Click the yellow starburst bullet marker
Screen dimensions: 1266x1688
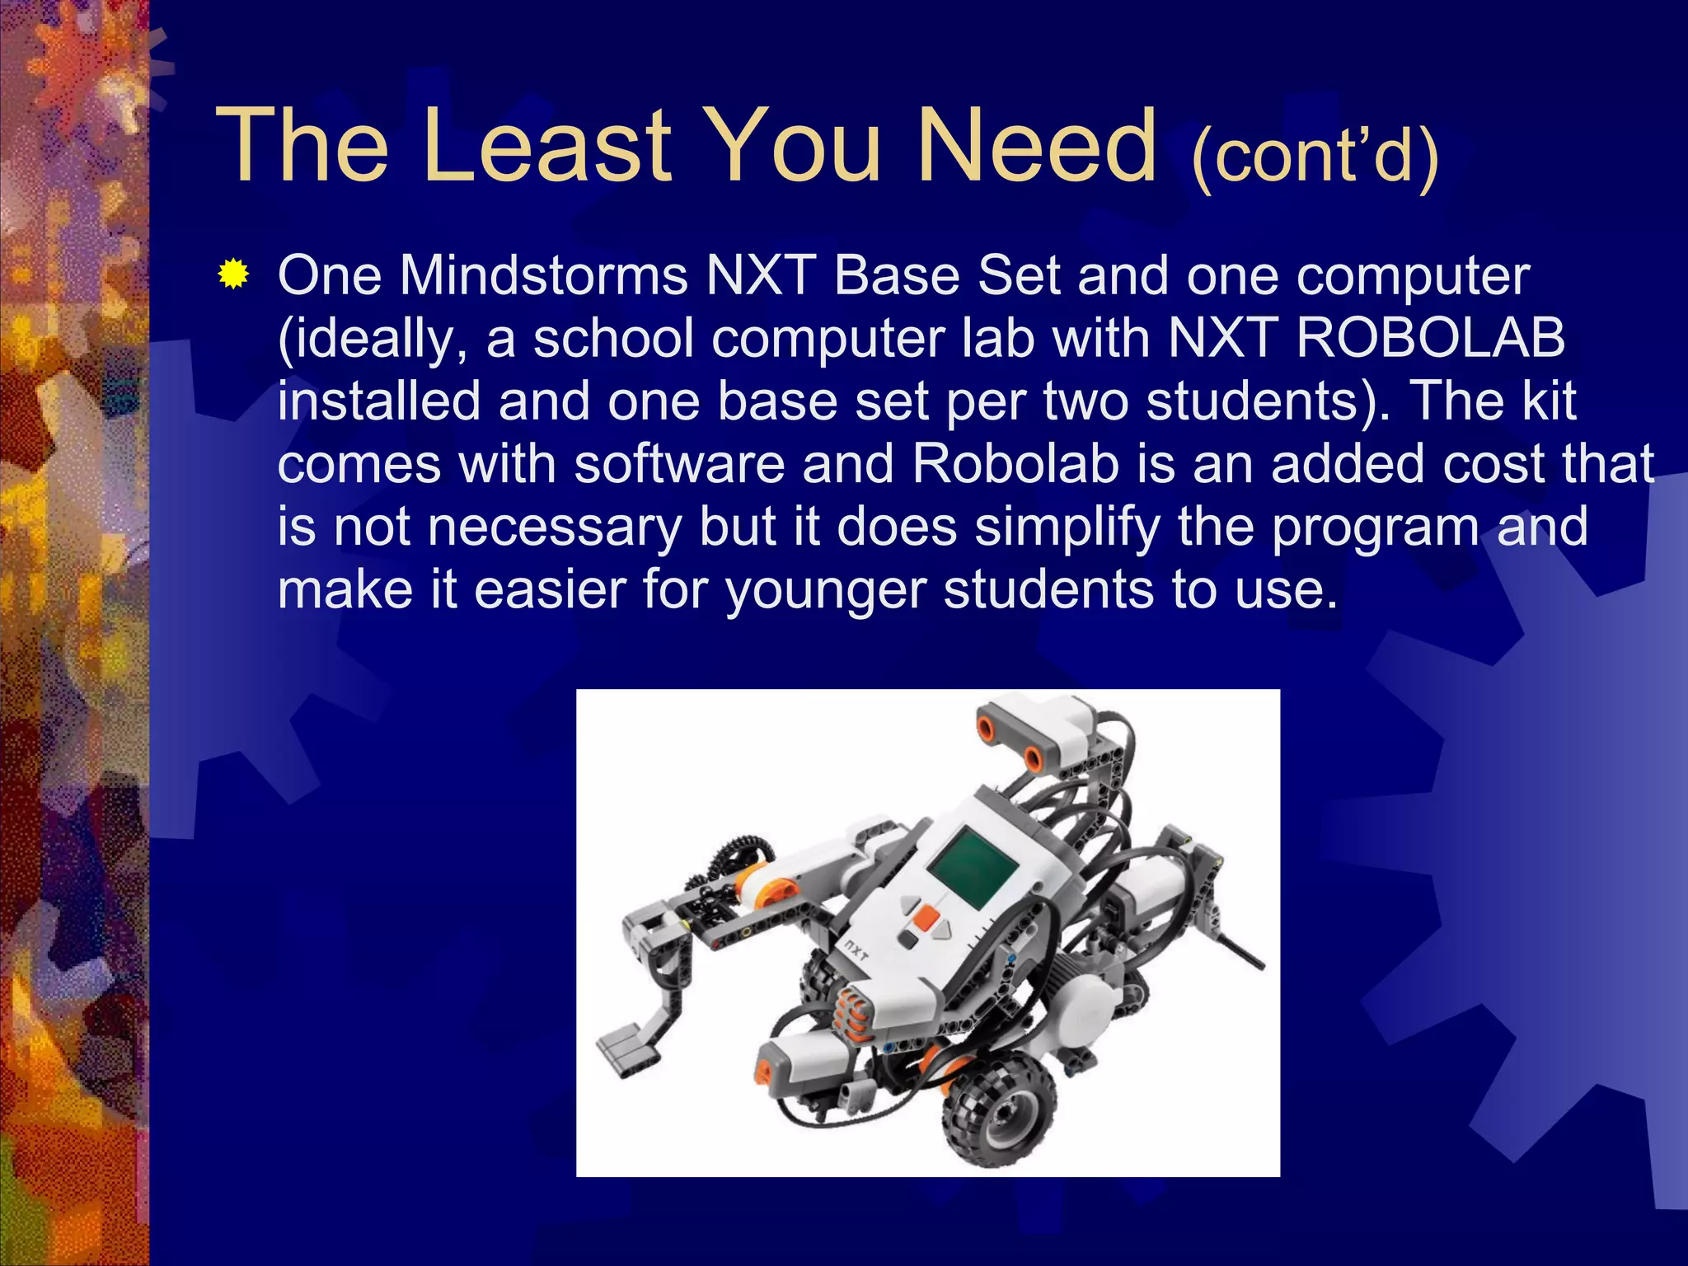[234, 274]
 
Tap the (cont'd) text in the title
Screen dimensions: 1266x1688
[1315, 156]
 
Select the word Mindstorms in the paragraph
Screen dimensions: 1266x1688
[543, 275]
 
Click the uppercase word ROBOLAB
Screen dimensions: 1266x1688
[1430, 338]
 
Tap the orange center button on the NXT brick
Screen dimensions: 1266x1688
[926, 917]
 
